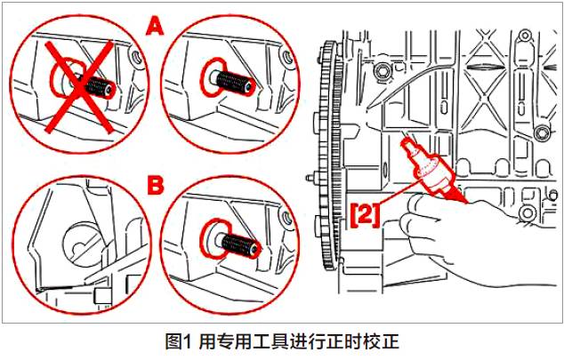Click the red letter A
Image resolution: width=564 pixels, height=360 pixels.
tap(155, 27)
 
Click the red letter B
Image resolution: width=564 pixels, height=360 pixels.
tap(156, 185)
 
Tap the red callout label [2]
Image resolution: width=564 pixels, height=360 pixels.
tap(365, 215)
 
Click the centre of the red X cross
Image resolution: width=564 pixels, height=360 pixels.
tap(80, 85)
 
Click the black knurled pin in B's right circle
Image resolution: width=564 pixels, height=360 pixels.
tap(239, 244)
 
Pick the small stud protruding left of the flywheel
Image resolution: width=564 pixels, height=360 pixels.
tap(310, 178)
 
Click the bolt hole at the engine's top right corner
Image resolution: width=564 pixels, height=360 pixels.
tap(525, 36)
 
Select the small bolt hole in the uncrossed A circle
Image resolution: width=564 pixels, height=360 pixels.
tap(287, 57)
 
